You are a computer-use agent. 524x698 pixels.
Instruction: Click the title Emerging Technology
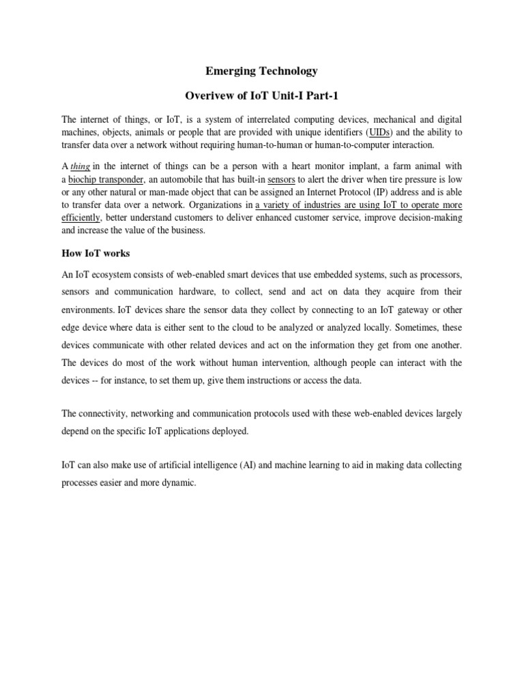tap(262, 70)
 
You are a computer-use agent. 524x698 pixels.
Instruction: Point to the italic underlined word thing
tap(81, 166)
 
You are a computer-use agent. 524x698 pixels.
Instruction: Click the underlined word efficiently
tap(81, 218)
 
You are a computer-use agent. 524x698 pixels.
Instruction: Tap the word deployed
tap(230, 431)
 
